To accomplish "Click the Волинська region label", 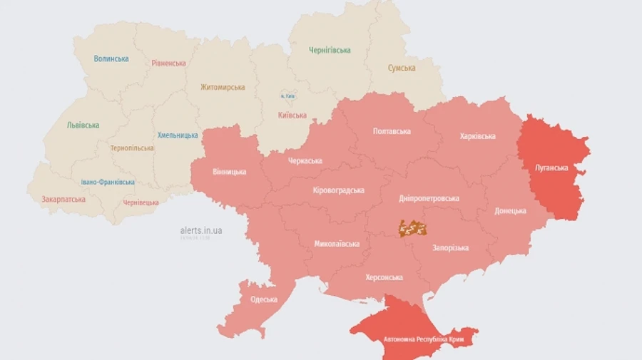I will click(111, 58).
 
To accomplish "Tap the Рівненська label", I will click(168, 63).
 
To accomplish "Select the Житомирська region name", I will click(223, 87).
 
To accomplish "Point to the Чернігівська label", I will click(330, 50).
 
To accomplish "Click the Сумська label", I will click(402, 68).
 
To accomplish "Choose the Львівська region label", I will click(83, 125).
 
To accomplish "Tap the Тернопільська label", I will click(132, 148).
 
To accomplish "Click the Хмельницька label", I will click(178, 135).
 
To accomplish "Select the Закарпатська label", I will click(63, 199).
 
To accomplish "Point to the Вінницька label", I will click(230, 172).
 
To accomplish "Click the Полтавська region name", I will click(392, 131).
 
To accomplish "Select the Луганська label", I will click(551, 168).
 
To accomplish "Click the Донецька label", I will click(510, 210).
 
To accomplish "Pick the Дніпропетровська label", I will click(429, 198).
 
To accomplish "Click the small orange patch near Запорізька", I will click(412, 228).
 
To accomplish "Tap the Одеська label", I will click(264, 299).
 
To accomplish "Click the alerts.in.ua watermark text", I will click(201, 230).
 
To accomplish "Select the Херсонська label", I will click(384, 277).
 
